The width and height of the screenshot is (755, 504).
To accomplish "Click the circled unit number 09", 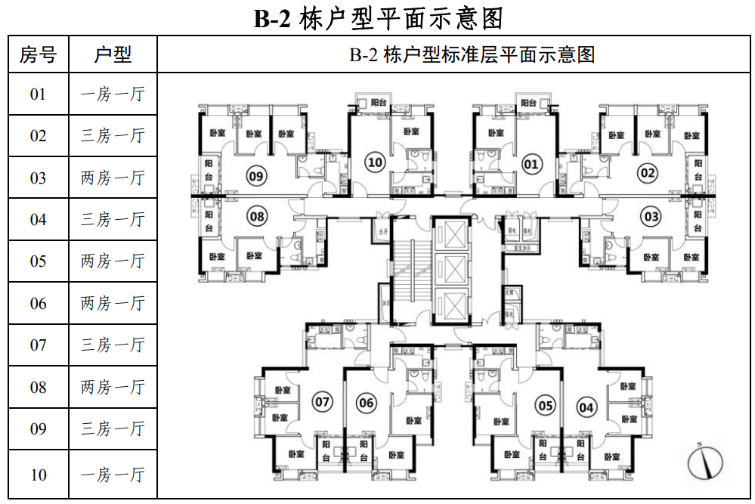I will pos(257,177).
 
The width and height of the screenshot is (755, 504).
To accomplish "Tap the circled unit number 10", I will pos(374,161).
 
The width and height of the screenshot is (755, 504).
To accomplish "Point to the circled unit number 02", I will pos(648,174).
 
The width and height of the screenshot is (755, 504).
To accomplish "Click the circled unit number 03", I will pos(650,218).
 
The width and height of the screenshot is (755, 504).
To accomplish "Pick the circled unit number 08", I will pos(258,217).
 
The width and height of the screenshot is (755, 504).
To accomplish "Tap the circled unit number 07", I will pos(323,401).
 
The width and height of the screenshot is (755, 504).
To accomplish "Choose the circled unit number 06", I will pos(367,403).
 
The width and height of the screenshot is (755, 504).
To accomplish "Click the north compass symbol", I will pos(705,462).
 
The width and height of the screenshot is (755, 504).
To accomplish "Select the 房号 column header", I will pos(38,54).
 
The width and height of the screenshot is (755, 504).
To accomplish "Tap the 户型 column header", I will pos(113,54).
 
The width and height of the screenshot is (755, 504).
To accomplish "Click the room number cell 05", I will pos(38,261).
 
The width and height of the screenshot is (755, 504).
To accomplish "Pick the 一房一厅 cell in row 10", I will pos(113,475).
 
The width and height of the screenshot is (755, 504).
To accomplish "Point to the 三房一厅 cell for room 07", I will pos(113,345).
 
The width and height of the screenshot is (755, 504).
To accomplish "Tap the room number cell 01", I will pos(38,94).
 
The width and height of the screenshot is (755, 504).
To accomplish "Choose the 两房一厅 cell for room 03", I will pos(113,178).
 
